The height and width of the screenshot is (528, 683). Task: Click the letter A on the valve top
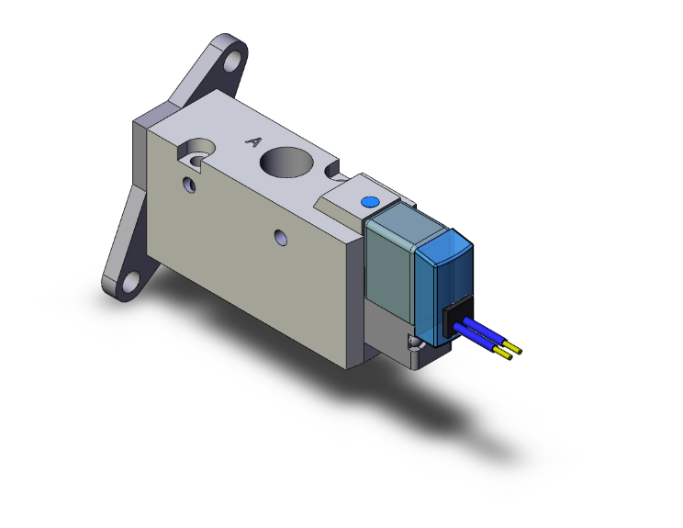(x=254, y=142)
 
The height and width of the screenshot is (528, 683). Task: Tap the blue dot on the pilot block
(x=369, y=201)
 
